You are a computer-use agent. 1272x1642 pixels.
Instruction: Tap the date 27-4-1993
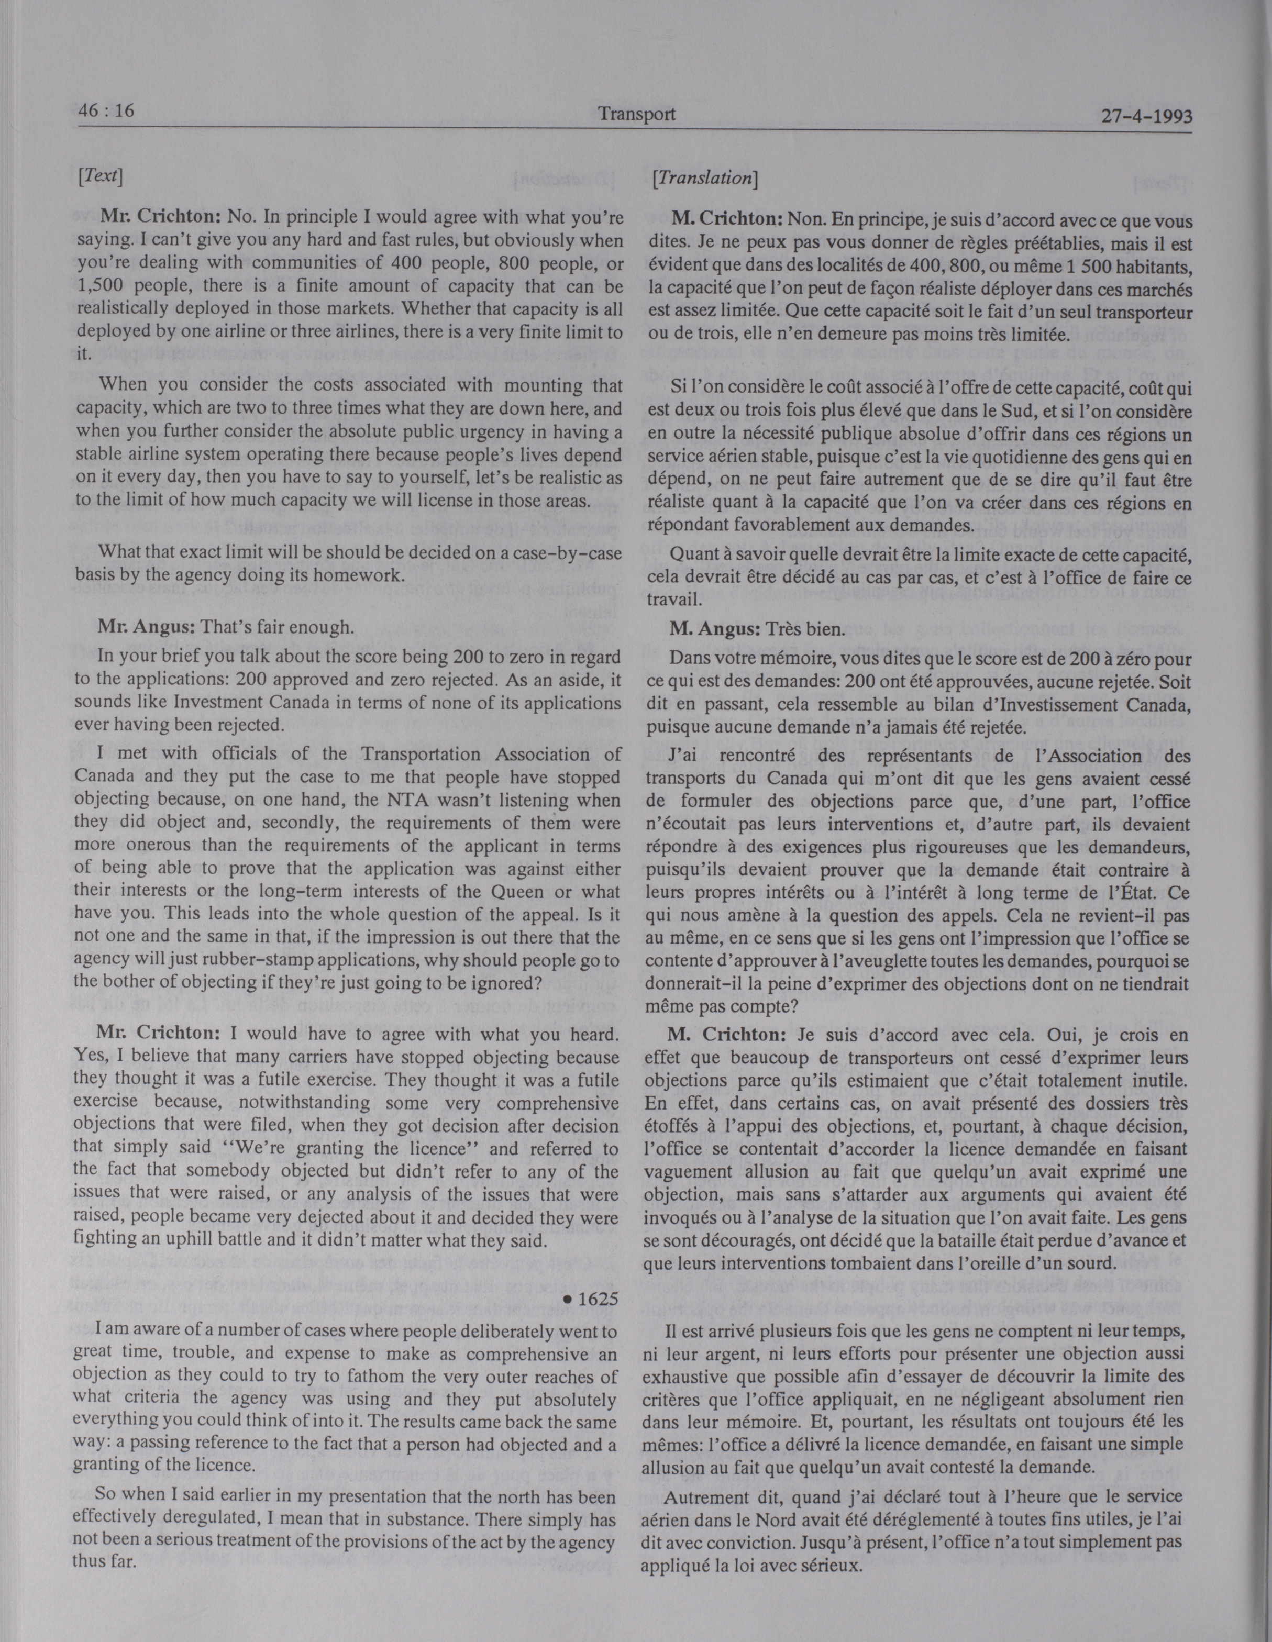click(1146, 117)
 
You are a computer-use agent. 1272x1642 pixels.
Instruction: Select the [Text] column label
click(100, 175)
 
